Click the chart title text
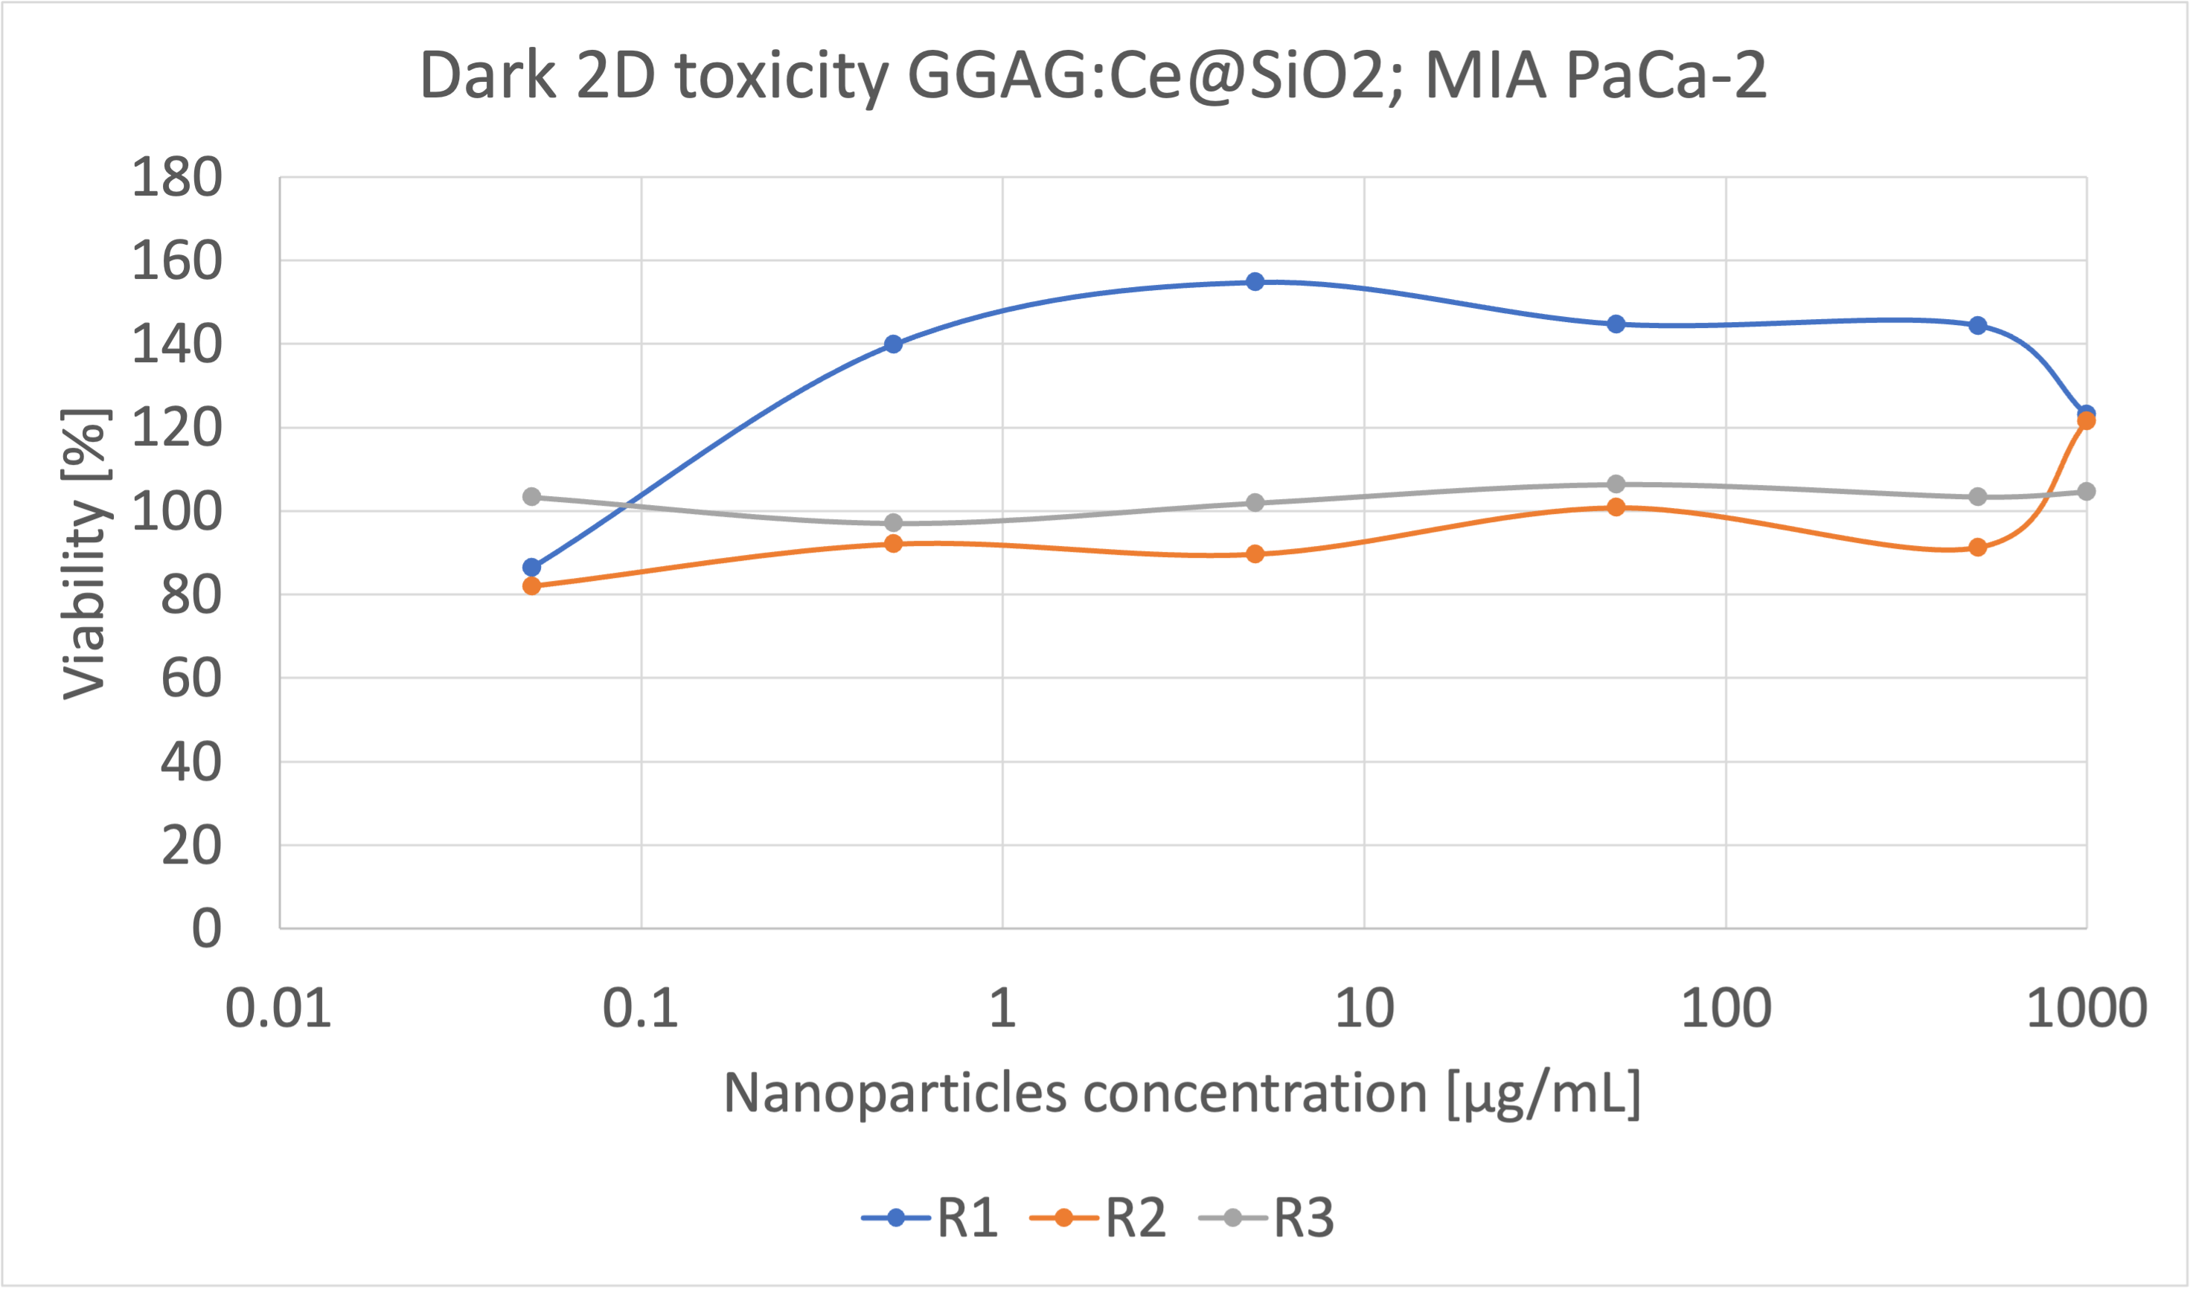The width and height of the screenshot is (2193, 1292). [1093, 77]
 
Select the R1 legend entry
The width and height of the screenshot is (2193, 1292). [930, 1217]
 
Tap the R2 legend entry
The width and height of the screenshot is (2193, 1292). [1098, 1217]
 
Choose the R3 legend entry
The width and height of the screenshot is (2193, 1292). [1267, 1217]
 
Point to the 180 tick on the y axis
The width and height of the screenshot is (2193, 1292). [177, 178]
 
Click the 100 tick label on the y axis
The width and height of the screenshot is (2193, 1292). [177, 512]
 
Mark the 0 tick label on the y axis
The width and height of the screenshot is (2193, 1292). [206, 928]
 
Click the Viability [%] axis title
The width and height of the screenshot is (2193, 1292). [86, 553]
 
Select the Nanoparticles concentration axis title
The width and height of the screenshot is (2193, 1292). [1182, 1093]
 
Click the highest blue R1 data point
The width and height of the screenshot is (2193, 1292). [1255, 282]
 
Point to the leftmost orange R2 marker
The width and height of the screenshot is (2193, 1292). [531, 586]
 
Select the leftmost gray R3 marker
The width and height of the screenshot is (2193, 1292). [531, 497]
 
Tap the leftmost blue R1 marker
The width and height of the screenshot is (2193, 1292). [531, 568]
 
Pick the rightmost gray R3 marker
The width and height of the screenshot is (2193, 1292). [2087, 492]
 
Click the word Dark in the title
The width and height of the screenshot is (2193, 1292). [487, 77]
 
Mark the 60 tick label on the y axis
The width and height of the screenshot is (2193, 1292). [191, 679]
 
